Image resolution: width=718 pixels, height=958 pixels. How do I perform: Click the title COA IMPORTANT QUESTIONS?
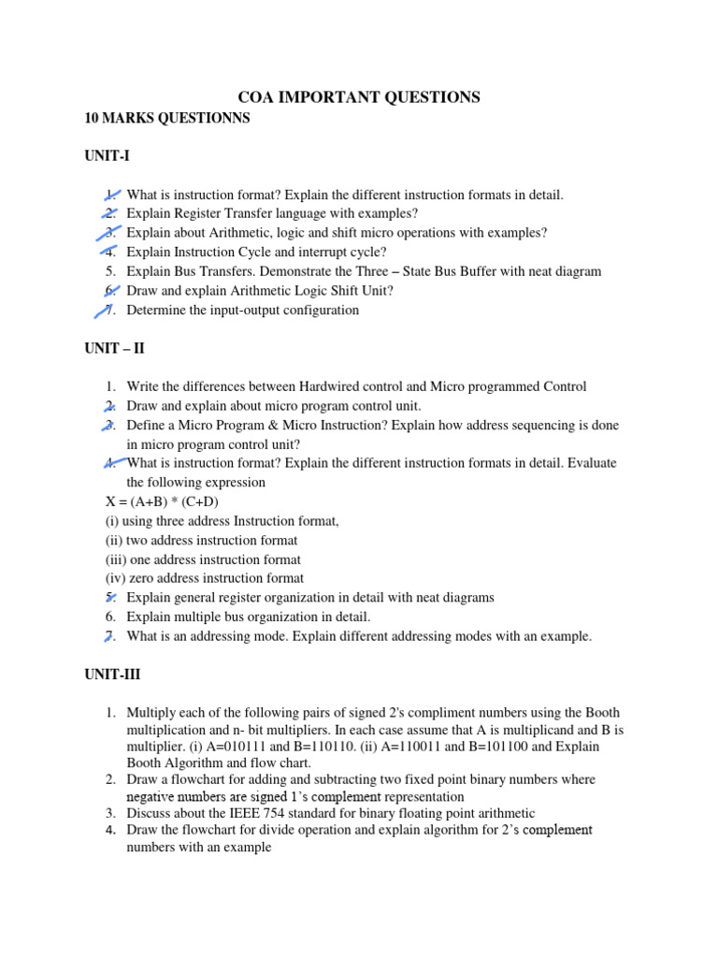click(359, 97)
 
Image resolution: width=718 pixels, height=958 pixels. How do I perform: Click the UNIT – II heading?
click(115, 348)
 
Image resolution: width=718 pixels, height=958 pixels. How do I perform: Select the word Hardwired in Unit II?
click(328, 386)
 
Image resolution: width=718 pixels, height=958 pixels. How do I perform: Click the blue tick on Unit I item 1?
click(111, 195)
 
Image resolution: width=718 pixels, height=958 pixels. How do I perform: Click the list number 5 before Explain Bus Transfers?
click(110, 271)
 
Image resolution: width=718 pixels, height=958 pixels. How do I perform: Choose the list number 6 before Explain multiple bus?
click(110, 617)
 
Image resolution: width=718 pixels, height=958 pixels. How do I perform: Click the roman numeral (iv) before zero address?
click(115, 578)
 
